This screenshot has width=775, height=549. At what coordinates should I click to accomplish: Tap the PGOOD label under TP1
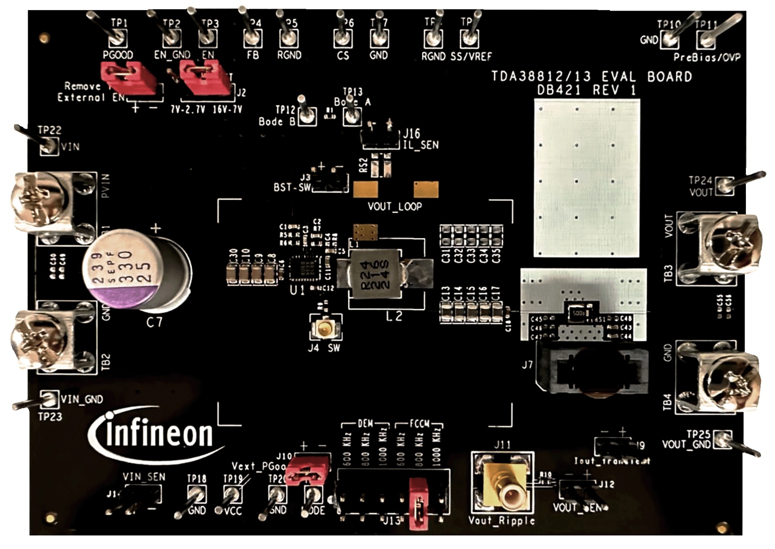click(118, 55)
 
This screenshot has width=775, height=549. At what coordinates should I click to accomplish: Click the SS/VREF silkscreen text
click(471, 57)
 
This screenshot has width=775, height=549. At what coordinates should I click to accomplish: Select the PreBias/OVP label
click(707, 58)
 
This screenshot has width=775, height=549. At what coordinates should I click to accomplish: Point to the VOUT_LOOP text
click(394, 207)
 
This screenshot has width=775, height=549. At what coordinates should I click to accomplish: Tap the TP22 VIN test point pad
click(48, 146)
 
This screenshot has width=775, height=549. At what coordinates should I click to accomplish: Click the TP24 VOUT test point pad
click(725, 185)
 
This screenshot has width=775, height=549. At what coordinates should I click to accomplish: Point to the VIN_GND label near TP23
click(81, 400)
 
